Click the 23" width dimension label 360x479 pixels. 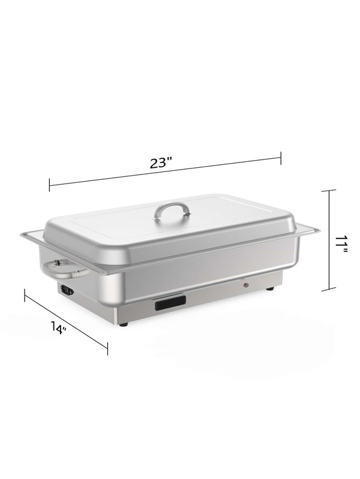tap(160, 162)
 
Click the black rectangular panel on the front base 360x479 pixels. tap(170, 305)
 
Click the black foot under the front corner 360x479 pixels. tap(124, 324)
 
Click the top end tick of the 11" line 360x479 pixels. tap(329, 190)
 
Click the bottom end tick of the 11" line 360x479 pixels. tap(329, 290)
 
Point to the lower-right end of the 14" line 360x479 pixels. tap(107, 348)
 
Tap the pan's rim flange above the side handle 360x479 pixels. tap(33, 235)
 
